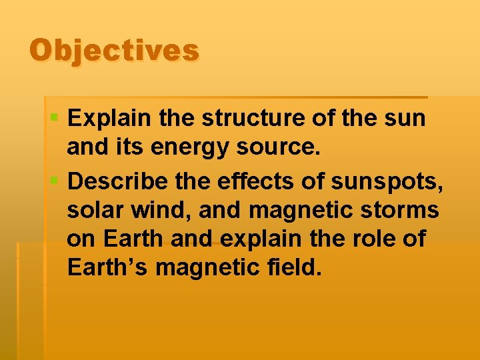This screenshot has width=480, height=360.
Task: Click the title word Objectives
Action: click(114, 51)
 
